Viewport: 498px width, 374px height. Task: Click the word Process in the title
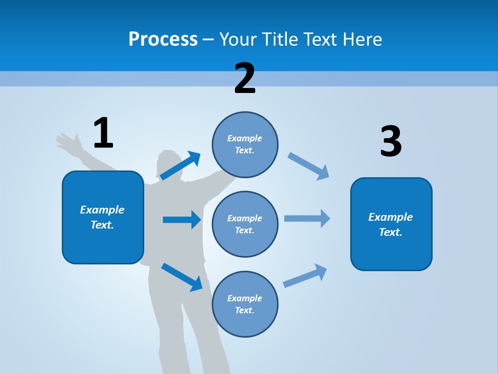[x=163, y=39]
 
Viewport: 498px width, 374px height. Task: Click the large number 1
[x=103, y=133]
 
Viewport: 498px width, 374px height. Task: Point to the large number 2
[x=245, y=78]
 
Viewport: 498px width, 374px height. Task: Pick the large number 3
[x=391, y=142]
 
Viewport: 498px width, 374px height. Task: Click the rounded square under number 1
[x=103, y=217]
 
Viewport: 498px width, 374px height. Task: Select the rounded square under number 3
[x=391, y=224]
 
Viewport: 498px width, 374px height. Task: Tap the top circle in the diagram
[x=245, y=144]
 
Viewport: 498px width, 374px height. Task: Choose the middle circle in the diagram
[x=245, y=224]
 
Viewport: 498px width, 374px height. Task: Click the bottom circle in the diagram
[x=245, y=304]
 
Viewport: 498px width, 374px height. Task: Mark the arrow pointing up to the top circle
[x=181, y=165]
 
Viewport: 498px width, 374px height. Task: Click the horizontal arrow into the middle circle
[x=182, y=220]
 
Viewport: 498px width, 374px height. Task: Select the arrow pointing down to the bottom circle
[x=182, y=276]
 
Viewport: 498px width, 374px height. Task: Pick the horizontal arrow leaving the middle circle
[x=307, y=219]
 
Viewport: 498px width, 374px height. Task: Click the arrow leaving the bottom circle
[x=305, y=276]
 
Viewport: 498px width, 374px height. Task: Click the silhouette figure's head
[x=168, y=164]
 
